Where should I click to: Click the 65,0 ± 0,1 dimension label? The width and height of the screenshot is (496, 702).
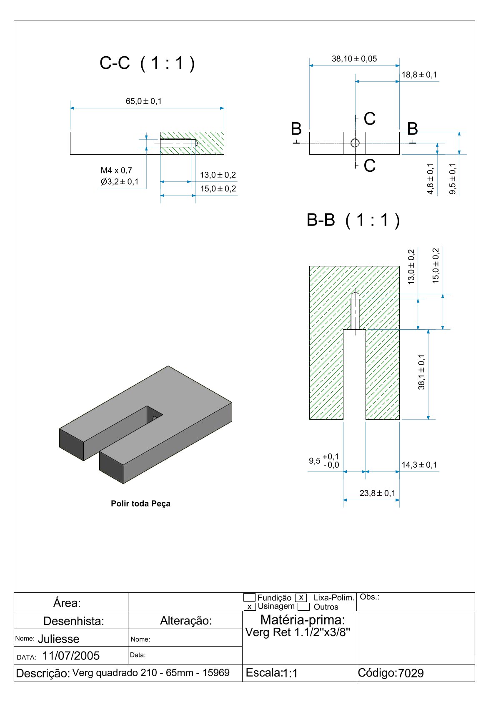coord(144,101)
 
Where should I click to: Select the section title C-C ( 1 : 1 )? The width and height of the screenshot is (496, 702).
coord(147,63)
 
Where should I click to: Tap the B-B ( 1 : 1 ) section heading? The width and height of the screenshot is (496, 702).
coord(353,220)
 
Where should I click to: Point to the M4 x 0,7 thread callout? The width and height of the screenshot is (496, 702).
coord(116,170)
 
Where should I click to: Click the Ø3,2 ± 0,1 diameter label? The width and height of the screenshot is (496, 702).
coord(120,182)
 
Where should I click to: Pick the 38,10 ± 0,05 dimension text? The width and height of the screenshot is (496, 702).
coord(354,59)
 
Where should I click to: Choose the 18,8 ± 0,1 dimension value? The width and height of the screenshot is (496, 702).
coord(419,75)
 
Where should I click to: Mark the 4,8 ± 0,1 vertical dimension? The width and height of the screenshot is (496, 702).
coord(431,179)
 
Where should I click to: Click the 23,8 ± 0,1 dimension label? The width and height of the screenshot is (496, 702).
coord(378,493)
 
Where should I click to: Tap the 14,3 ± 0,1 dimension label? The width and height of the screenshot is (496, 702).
coord(419,465)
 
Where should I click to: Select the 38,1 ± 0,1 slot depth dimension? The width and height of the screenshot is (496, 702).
coord(422,372)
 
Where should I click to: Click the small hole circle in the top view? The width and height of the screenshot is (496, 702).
coord(355,143)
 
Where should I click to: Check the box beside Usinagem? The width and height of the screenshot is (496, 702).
coord(249,607)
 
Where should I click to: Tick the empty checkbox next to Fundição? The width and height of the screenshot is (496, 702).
coord(249,598)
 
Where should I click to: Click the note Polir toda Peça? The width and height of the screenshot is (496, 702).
coord(140,504)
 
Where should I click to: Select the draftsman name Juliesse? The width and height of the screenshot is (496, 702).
coord(59,639)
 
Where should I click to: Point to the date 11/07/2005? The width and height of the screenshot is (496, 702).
coord(71,656)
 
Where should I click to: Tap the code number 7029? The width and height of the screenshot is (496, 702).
coord(411,673)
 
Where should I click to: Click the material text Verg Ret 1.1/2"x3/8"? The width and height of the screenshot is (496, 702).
coord(298,632)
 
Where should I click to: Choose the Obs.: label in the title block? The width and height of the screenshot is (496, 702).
coord(370,597)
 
